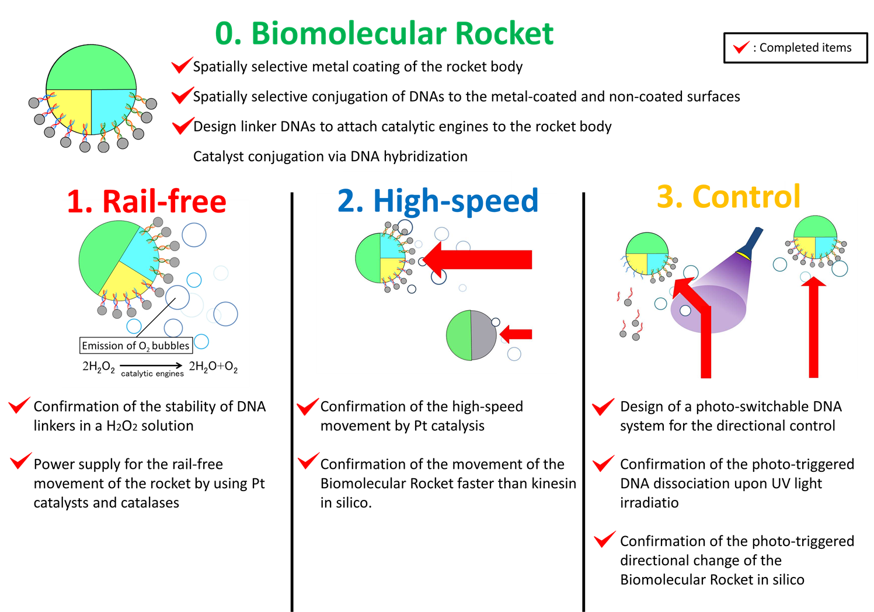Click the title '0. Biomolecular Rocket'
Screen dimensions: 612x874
pyautogui.click(x=384, y=33)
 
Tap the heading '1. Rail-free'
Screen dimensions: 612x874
pyautogui.click(x=147, y=201)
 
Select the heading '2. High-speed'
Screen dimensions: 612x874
pyautogui.click(x=438, y=200)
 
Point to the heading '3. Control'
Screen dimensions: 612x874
pyautogui.click(x=728, y=196)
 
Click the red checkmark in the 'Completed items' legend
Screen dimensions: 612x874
pyautogui.click(x=741, y=47)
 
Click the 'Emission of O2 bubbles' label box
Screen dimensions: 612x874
pyautogui.click(x=136, y=346)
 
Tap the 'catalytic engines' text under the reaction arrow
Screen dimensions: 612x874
pyautogui.click(x=152, y=374)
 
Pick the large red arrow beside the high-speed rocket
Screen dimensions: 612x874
pyautogui.click(x=479, y=259)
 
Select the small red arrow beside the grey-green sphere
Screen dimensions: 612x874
pyautogui.click(x=517, y=334)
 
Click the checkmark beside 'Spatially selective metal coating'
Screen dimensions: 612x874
pyautogui.click(x=182, y=65)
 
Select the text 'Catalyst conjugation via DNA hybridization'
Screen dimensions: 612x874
pyautogui.click(x=330, y=157)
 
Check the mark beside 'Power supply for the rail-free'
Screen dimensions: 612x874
pyautogui.click(x=20, y=461)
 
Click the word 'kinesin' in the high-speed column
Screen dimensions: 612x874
pyautogui.click(x=553, y=484)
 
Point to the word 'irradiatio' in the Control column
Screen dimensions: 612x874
pyautogui.click(x=649, y=503)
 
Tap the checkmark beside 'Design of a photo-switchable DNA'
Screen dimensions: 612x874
pyautogui.click(x=603, y=406)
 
